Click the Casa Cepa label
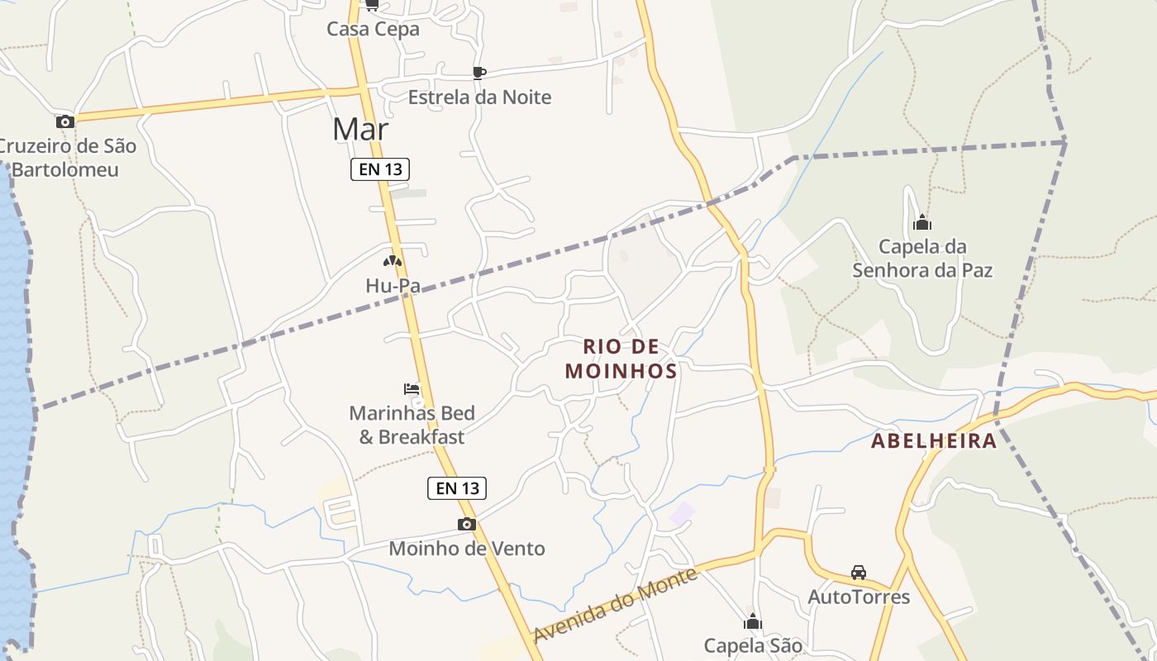click(373, 29)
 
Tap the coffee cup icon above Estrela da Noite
click(479, 73)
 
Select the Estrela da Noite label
click(479, 97)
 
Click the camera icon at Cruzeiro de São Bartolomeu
click(65, 121)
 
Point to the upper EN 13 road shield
click(380, 169)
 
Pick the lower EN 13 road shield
click(457, 487)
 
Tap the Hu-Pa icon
click(393, 260)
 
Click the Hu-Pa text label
click(393, 286)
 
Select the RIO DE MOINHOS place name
click(621, 359)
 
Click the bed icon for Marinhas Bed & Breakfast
click(412, 388)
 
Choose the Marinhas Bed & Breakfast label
click(412, 425)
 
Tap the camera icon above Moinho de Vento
click(467, 524)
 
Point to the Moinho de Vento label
click(467, 548)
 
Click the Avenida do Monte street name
click(616, 604)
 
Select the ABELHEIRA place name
click(934, 440)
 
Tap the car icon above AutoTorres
click(859, 572)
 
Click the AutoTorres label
click(859, 597)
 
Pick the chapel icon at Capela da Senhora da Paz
click(922, 222)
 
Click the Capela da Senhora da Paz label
click(922, 258)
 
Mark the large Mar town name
click(360, 129)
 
